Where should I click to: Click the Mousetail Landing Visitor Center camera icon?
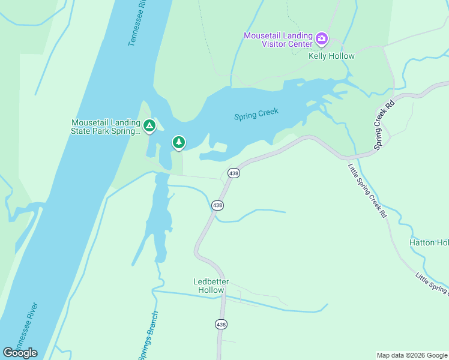coord(322,40)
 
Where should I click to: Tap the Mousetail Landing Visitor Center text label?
coord(278,40)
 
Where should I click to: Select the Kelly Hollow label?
coord(331,56)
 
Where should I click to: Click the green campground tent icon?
coord(149,126)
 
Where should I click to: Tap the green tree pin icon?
coord(178,142)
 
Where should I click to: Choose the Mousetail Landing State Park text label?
coord(106,127)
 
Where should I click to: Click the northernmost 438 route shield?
coord(234,173)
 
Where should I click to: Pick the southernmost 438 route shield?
coord(221,324)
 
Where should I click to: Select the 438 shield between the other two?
coord(218,205)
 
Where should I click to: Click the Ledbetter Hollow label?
coord(209,286)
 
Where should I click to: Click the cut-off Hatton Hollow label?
coord(429,242)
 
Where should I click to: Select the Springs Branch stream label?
coord(148,336)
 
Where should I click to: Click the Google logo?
coord(20,352)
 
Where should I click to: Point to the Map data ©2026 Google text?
coord(411,355)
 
